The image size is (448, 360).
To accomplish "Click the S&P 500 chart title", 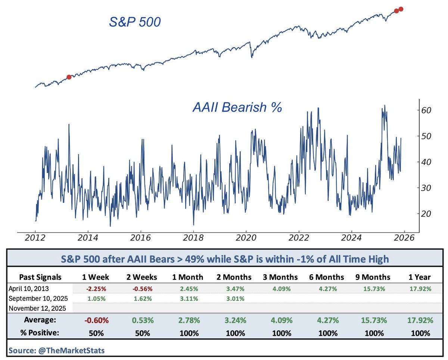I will pyautogui.click(x=135, y=22).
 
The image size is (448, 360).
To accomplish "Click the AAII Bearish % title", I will pyautogui.click(x=237, y=107).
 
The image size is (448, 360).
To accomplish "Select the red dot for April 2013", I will pyautogui.click(x=69, y=77).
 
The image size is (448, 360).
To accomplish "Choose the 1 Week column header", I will pyautogui.click(x=96, y=277).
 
